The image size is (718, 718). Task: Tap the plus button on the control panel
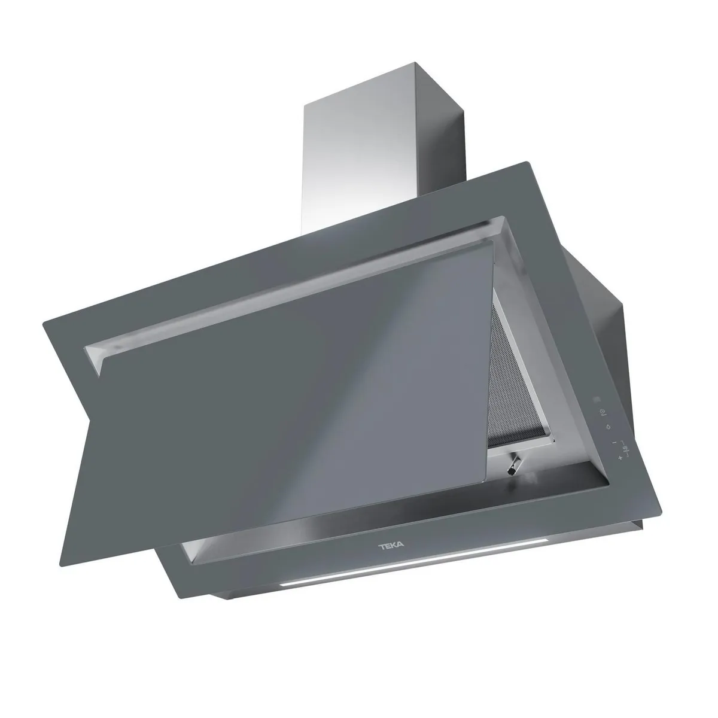coord(620,458)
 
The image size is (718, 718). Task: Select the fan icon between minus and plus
coord(624,448)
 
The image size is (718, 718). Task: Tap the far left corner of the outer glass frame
coord(43,325)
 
